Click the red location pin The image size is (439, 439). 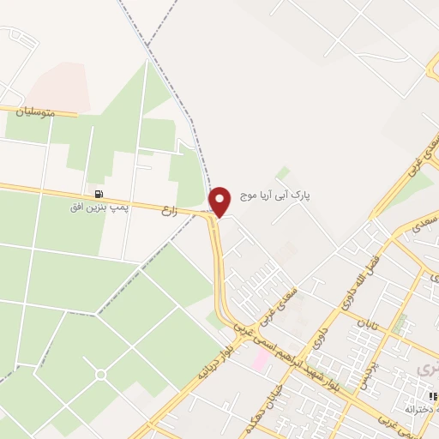click(220, 201)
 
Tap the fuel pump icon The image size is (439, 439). click(99, 194)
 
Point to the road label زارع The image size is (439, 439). click(168, 209)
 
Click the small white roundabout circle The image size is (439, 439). click(100, 375)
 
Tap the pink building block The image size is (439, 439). click(258, 359)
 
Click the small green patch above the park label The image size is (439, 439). click(283, 173)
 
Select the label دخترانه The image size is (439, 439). click(422, 411)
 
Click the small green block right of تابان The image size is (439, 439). click(400, 324)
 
